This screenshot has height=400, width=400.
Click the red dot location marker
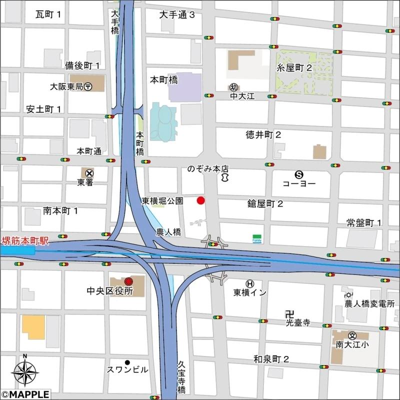pyautogui.click(x=200, y=200)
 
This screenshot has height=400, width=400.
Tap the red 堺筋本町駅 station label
pyautogui.click(x=25, y=241)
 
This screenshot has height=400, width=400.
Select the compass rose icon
pyautogui.click(x=25, y=372)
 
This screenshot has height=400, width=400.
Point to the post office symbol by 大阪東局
pyautogui.click(x=87, y=86)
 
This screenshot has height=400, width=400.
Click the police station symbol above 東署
pyautogui.click(x=89, y=172)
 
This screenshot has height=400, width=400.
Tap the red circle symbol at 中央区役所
pyautogui.click(x=128, y=281)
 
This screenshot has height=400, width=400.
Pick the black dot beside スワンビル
pyautogui.click(x=127, y=362)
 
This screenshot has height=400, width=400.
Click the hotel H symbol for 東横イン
pyautogui.click(x=248, y=283)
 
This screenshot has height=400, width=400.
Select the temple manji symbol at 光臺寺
pyautogui.click(x=288, y=314)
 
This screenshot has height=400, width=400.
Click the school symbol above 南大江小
pyautogui.click(x=352, y=335)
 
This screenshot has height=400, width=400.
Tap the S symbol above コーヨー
pyautogui.click(x=299, y=174)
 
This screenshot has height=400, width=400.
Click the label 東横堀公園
pyautogui.click(x=162, y=201)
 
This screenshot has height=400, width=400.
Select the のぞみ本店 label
pyautogui.click(x=208, y=169)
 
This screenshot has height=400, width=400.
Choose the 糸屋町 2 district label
pyautogui.click(x=295, y=67)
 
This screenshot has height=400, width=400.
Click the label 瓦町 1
pyautogui.click(x=48, y=14)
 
